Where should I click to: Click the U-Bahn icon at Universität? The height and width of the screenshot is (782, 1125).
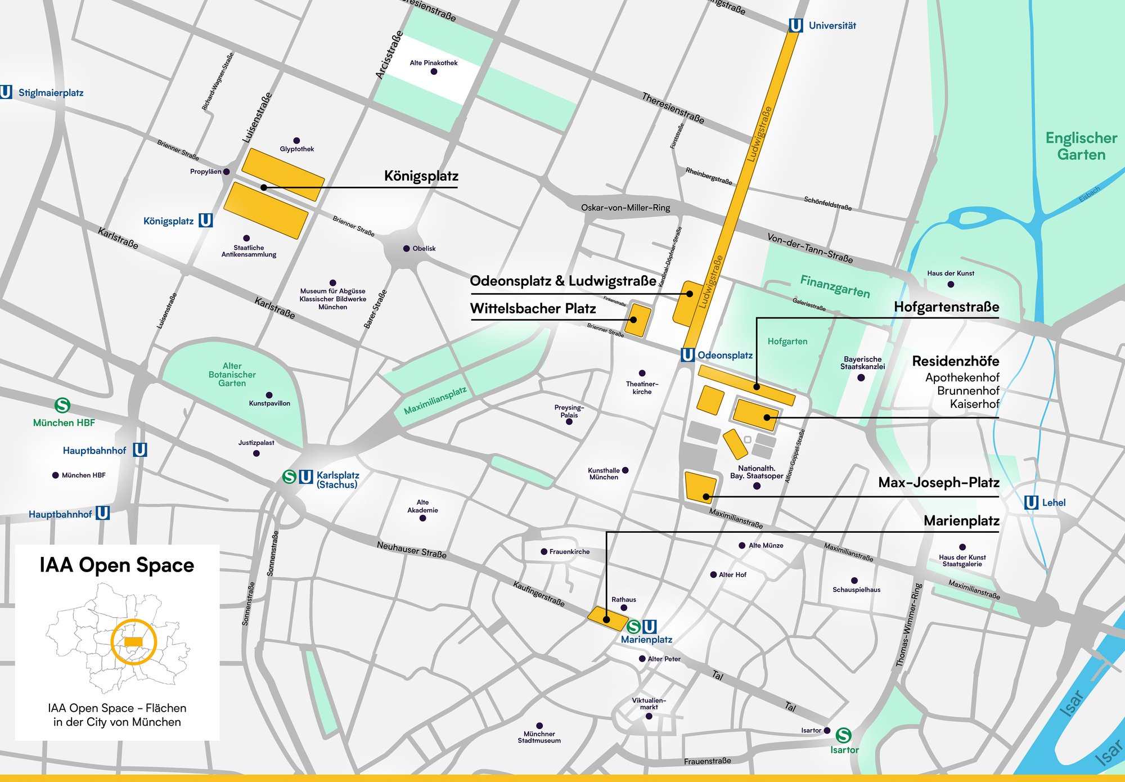pyautogui.click(x=795, y=25)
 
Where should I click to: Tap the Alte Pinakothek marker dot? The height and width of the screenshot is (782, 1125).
pyautogui.click(x=434, y=71)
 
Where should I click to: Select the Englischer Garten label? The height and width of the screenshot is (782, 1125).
pyautogui.click(x=1081, y=146)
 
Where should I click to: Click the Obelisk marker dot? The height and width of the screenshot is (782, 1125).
pyautogui.click(x=406, y=248)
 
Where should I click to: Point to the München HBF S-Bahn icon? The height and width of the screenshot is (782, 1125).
pyautogui.click(x=62, y=405)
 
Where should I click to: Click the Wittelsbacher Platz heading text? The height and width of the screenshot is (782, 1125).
pyautogui.click(x=533, y=308)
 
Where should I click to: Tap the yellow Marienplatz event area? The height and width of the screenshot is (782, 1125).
pyautogui.click(x=606, y=618)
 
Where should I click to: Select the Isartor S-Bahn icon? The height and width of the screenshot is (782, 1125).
pyautogui.click(x=843, y=735)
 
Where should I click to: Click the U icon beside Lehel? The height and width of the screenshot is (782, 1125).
pyautogui.click(x=1030, y=502)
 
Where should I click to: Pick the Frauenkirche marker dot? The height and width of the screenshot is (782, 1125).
pyautogui.click(x=544, y=551)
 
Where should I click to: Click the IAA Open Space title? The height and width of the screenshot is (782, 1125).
pyautogui.click(x=116, y=565)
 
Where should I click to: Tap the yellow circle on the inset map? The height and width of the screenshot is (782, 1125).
pyautogui.click(x=133, y=642)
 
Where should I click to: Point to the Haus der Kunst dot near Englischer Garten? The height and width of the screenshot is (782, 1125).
pyautogui.click(x=951, y=284)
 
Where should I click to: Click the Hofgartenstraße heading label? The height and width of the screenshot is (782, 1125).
pyautogui.click(x=946, y=307)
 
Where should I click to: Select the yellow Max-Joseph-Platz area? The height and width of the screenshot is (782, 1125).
pyautogui.click(x=700, y=486)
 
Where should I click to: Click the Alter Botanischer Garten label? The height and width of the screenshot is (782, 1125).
pyautogui.click(x=232, y=375)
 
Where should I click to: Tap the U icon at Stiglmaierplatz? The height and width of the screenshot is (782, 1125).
pyautogui.click(x=6, y=92)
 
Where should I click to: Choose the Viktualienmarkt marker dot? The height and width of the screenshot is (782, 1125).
pyautogui.click(x=649, y=716)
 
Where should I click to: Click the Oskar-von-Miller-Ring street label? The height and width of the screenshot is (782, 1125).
pyautogui.click(x=625, y=208)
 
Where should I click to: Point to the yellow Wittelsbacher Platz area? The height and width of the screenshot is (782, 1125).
pyautogui.click(x=638, y=320)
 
